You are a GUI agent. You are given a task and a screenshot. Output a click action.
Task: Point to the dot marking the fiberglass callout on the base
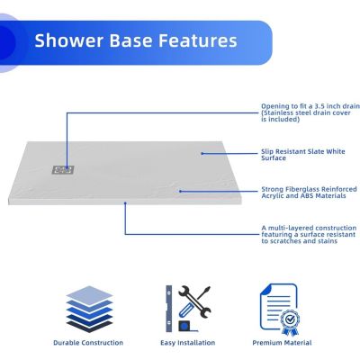pyautogui.click(x=180, y=191)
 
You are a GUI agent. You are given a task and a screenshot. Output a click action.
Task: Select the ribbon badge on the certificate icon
pyautogui.click(x=288, y=319)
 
